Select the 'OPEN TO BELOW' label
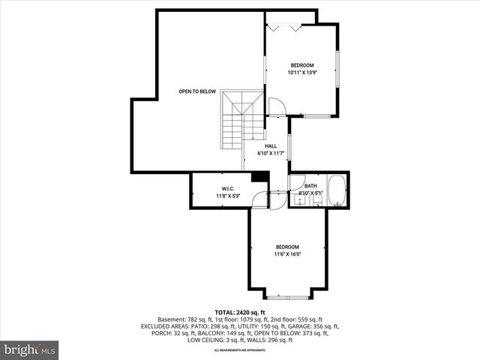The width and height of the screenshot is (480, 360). click(x=197, y=91)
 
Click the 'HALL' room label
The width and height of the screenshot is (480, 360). click(x=271, y=146)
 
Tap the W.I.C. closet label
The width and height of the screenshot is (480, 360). click(x=229, y=188)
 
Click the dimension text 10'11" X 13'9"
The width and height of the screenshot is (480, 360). click(x=301, y=73)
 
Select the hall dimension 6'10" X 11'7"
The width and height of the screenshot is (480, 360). click(x=271, y=154)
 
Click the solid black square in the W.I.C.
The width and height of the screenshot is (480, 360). click(x=259, y=177)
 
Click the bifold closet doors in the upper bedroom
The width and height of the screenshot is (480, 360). click(x=285, y=27)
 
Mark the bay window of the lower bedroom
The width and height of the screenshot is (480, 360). click(x=287, y=297)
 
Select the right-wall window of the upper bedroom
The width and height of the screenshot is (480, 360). click(x=337, y=67)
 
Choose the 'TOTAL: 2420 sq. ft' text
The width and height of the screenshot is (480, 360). click(x=240, y=312)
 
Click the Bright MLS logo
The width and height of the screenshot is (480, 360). click(x=30, y=349)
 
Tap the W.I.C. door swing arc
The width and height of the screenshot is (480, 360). click(x=260, y=199)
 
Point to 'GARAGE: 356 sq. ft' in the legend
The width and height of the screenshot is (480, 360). click(x=313, y=326)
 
